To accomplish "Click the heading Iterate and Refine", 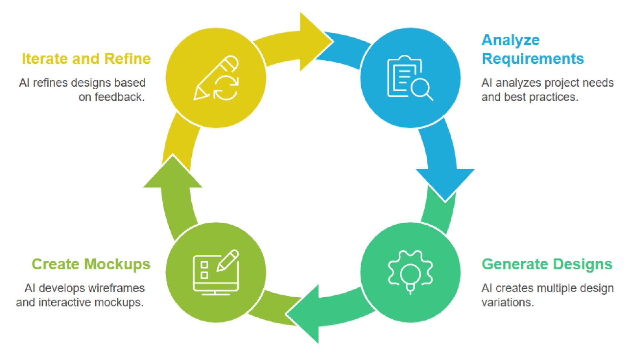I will coord(86,59).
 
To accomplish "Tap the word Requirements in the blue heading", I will coord(533,59).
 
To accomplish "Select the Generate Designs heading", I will coord(547,264).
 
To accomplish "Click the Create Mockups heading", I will coord(91,264).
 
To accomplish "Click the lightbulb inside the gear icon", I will coord(410,276).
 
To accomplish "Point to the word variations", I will coord(507,302).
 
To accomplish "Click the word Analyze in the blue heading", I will coord(511,40).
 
